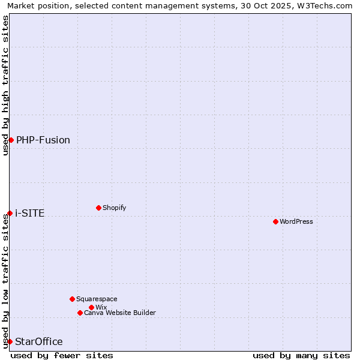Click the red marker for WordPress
click(x=275, y=221)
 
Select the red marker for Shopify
click(x=98, y=208)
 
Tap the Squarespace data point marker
click(x=72, y=299)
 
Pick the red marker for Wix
click(x=91, y=307)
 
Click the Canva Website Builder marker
click(x=80, y=313)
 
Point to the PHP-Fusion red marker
click(x=11, y=140)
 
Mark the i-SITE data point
click(x=10, y=213)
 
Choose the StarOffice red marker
click(x=10, y=341)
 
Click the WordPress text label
click(x=296, y=221)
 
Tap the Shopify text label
click(x=115, y=208)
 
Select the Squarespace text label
click(x=97, y=299)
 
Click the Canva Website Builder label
click(x=120, y=313)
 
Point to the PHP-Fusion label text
click(x=43, y=140)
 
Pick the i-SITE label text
click(x=30, y=213)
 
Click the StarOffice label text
click(x=39, y=341)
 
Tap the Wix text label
click(x=101, y=307)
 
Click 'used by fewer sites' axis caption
click(x=62, y=355)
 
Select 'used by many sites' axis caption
click(x=301, y=355)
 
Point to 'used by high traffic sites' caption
click(x=6, y=85)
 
